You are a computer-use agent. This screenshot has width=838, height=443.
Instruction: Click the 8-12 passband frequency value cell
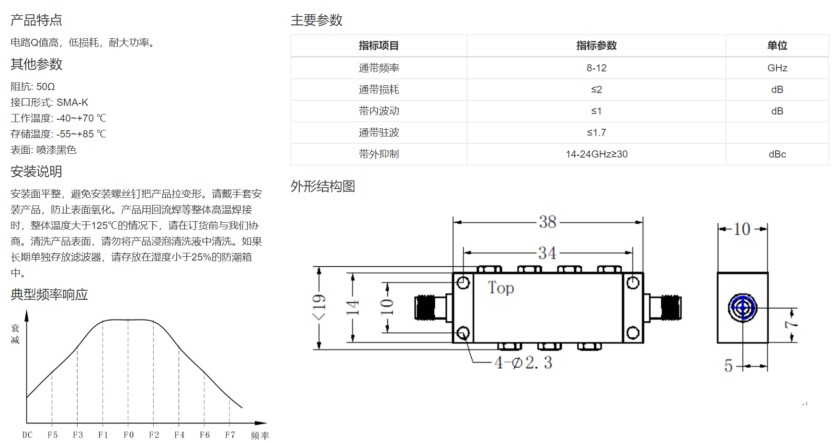tap(596, 68)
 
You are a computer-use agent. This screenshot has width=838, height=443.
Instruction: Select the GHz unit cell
tap(777, 68)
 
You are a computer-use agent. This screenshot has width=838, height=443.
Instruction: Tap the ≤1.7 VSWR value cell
tap(596, 133)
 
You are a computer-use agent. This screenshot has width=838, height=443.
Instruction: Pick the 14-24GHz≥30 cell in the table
tap(596, 154)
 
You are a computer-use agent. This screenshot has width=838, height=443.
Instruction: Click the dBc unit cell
tap(777, 154)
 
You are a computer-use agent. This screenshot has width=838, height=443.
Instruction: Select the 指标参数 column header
tap(596, 45)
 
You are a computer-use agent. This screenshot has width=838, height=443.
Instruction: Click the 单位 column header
tap(777, 45)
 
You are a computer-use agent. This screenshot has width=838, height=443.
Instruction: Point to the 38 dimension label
tap(548, 222)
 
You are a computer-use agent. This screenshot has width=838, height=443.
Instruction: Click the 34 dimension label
tap(547, 252)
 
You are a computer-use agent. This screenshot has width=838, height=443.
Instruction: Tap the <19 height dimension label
tap(319, 307)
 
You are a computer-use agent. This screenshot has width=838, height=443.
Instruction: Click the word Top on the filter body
tap(501, 288)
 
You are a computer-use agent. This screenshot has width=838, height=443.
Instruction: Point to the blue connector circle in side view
tap(743, 307)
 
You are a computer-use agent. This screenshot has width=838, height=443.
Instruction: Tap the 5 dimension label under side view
tap(728, 366)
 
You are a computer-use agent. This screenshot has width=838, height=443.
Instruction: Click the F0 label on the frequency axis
tap(128, 435)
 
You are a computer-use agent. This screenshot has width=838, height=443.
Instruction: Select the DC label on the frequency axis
tap(27, 435)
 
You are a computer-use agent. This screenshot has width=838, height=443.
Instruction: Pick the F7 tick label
tap(230, 435)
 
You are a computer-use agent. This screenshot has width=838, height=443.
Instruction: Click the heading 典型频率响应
tap(49, 295)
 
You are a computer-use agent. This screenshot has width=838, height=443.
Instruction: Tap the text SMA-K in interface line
tap(72, 102)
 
